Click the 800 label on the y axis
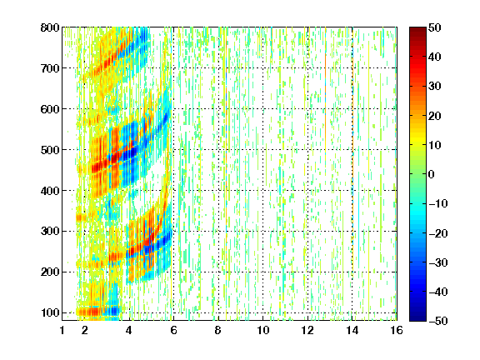[50, 27]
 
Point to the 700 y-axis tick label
[50, 68]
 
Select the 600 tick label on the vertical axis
[50, 109]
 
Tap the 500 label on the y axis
[50, 150]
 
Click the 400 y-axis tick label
[50, 191]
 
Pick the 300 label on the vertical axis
[50, 232]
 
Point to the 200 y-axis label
[50, 272]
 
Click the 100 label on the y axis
[50, 312]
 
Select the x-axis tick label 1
[62, 330]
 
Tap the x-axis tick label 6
[173, 330]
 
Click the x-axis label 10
[263, 330]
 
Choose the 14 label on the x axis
[352, 330]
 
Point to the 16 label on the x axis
[397, 330]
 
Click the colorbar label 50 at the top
[434, 27]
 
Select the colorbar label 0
[431, 174]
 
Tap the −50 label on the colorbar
[438, 321]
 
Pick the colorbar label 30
[434, 87]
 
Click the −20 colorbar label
[438, 233]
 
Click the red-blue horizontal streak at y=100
[98, 312]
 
